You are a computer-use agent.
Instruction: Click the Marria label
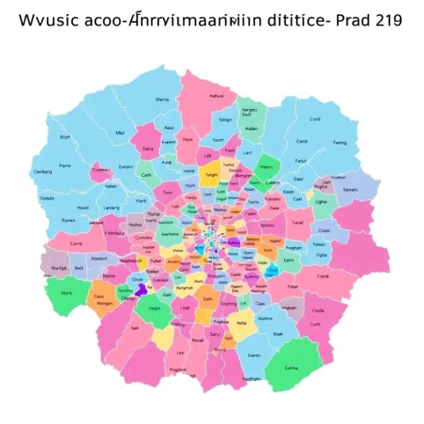(x=162, y=100)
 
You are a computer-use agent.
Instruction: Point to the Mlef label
(x=121, y=134)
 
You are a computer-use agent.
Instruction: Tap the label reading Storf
(x=63, y=137)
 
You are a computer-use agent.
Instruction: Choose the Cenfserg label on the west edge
(x=42, y=172)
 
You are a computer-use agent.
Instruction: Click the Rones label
(x=68, y=222)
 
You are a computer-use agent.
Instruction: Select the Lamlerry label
(x=112, y=208)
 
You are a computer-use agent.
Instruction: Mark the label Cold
(x=315, y=119)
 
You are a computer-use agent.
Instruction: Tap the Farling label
(x=339, y=142)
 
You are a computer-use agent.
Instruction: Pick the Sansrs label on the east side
(x=350, y=189)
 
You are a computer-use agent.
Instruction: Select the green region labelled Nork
(x=68, y=293)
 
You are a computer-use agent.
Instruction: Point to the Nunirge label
(x=59, y=267)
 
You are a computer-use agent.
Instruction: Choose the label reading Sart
(x=135, y=326)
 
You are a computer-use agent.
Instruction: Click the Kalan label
(x=249, y=128)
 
